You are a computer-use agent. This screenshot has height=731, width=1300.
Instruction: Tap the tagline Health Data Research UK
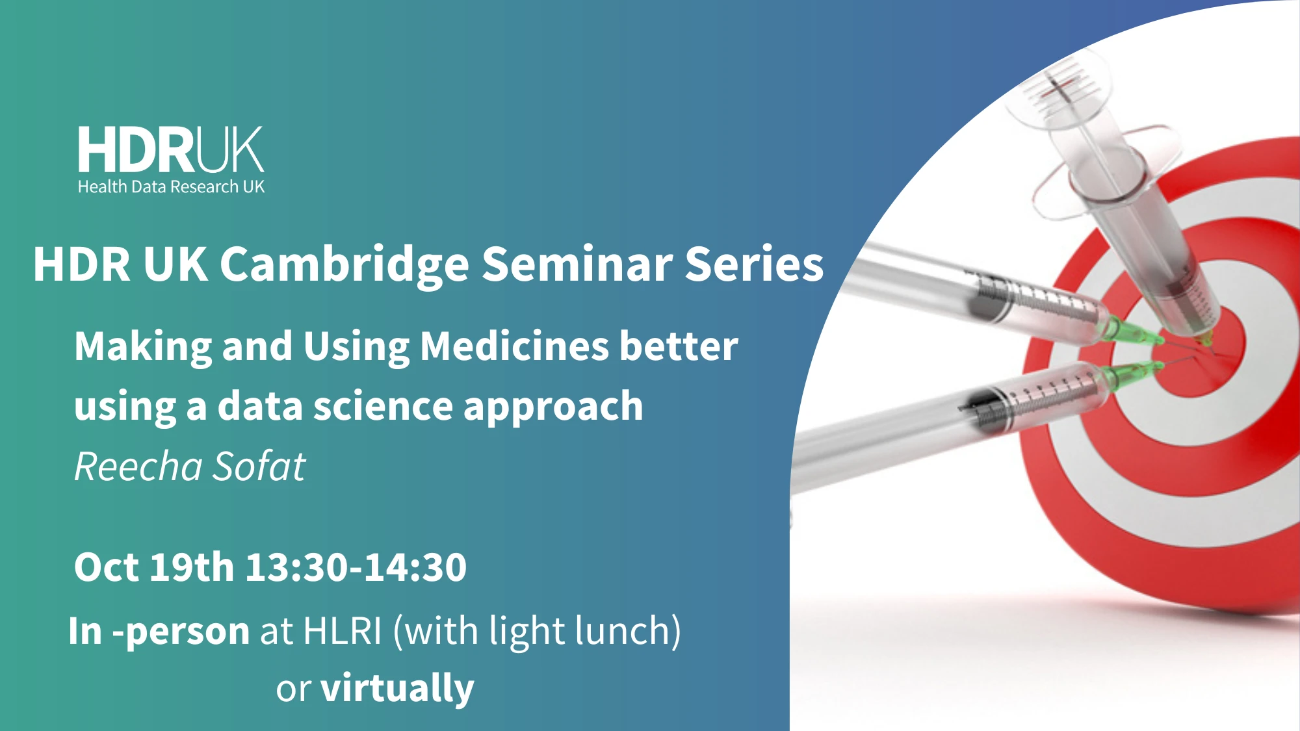[171, 187]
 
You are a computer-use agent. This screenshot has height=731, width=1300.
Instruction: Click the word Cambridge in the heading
[344, 264]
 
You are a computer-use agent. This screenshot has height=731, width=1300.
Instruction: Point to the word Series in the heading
[754, 264]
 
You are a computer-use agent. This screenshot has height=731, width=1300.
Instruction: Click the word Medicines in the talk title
[514, 346]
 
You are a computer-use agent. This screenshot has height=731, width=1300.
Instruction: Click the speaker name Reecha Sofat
[189, 467]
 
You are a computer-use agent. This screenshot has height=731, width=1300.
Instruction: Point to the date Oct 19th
[153, 567]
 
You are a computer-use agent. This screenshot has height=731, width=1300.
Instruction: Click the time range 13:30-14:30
[356, 567]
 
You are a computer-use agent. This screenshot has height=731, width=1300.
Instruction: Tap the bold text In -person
[159, 631]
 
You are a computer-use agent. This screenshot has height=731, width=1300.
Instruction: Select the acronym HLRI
[342, 631]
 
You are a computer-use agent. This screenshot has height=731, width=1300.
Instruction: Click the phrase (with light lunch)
[537, 631]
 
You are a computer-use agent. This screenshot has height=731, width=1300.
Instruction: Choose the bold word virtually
[397, 689]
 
